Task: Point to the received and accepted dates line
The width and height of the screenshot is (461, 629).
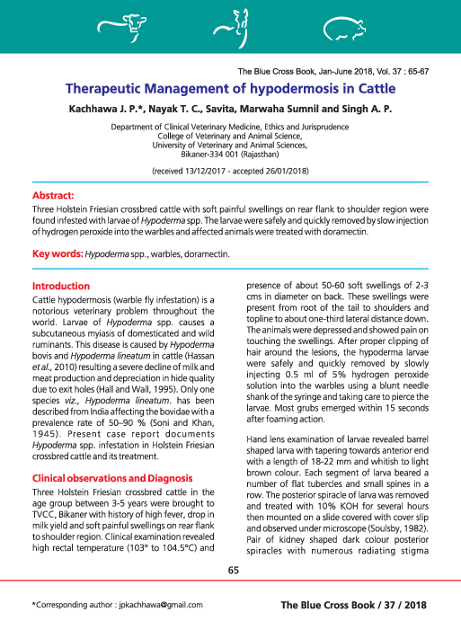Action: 230,169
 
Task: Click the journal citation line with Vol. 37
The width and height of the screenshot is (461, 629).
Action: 345,71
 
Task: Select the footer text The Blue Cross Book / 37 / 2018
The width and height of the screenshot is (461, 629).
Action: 368,606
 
